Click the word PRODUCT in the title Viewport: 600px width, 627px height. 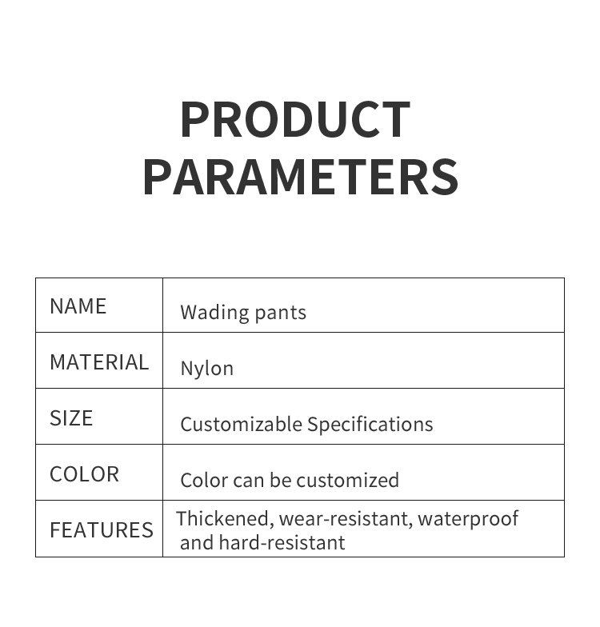pos(295,119)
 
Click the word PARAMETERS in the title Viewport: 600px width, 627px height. pos(301,176)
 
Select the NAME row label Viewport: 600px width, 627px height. pos(78,306)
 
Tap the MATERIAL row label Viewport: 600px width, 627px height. pos(99,362)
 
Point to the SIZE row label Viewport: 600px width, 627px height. pos(71,418)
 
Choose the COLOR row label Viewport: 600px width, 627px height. pos(85,474)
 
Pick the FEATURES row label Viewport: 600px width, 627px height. pos(102,529)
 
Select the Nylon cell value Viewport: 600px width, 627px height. pos(206,369)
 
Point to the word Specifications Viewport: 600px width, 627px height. pos(370,425)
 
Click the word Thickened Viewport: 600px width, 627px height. pos(225,519)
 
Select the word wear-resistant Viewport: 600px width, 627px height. pos(346,519)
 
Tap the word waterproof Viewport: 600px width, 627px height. pos(468,519)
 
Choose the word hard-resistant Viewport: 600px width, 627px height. pos(282,542)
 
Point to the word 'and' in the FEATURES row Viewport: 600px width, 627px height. pos(197,542)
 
